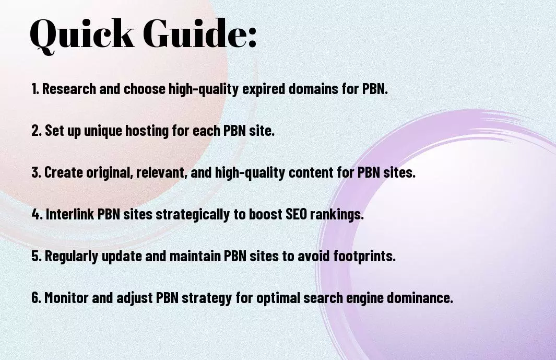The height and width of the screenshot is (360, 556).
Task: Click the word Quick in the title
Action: [x=82, y=35]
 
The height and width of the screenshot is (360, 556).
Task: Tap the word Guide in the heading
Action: [x=195, y=33]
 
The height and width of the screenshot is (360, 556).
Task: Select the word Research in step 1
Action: [x=69, y=89]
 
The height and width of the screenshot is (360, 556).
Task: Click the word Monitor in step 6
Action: [x=66, y=297]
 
